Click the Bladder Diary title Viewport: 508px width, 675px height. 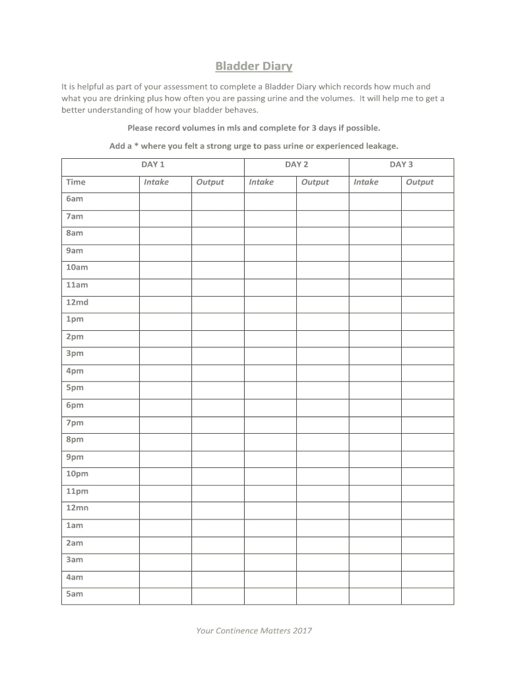pyautogui.click(x=254, y=67)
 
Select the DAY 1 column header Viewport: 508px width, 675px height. pyautogui.click(x=153, y=165)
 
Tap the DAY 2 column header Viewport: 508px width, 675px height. pyautogui.click(x=296, y=165)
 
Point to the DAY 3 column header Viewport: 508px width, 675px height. pyautogui.click(x=401, y=165)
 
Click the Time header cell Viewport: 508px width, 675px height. pyautogui.click(x=76, y=182)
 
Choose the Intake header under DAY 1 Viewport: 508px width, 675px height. pyautogui.click(x=156, y=182)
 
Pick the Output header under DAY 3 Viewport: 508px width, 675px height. pyautogui.click(x=420, y=182)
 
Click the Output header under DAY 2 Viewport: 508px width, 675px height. pyautogui.click(x=315, y=182)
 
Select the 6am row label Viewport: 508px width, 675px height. pyautogui.click(x=75, y=199)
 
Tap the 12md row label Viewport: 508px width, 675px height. pyautogui.click(x=77, y=302)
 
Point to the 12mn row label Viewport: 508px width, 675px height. pyautogui.click(x=77, y=508)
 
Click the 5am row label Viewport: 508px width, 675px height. pyautogui.click(x=75, y=594)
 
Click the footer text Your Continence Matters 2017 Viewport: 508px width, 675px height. pyautogui.click(x=254, y=631)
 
